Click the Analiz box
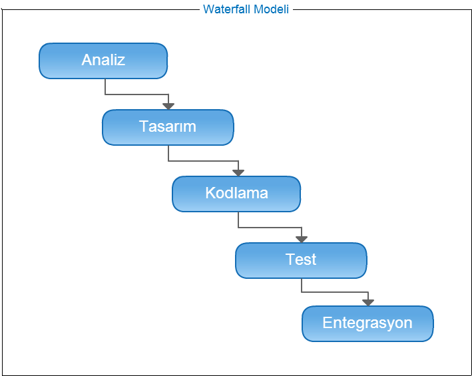[x=103, y=61]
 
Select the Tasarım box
[x=168, y=128]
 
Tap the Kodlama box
[x=236, y=194]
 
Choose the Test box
[x=301, y=260]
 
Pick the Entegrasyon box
[x=368, y=323]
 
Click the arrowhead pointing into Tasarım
[x=168, y=106]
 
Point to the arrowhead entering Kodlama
[x=238, y=172]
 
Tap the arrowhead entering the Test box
[x=302, y=239]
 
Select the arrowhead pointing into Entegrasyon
[x=368, y=303]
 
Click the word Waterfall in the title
[x=227, y=9]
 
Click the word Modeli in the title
[x=271, y=9]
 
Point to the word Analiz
[x=103, y=60]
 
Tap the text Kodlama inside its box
[x=236, y=193]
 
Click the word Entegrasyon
[x=367, y=323]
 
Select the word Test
[x=301, y=260]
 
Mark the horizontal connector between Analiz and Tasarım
[x=136, y=94]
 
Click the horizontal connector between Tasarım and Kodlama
[x=203, y=161]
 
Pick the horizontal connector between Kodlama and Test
[x=270, y=228]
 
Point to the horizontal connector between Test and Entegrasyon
[x=335, y=291]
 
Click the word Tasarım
[x=168, y=126]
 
